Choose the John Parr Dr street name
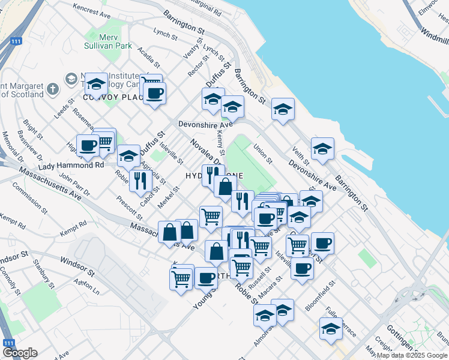74,185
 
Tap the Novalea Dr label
206,153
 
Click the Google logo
20,353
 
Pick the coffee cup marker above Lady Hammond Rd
88,145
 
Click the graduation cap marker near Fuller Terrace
330,328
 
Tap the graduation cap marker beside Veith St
322,149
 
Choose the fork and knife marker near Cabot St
140,179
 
